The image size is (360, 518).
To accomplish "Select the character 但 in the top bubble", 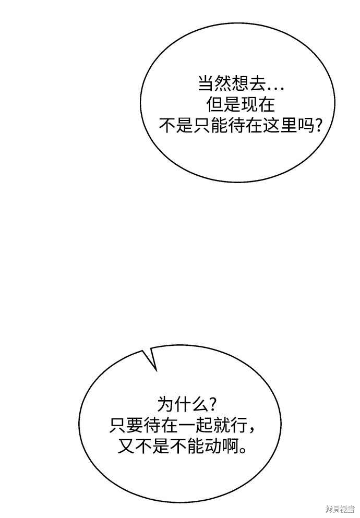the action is click(214, 104).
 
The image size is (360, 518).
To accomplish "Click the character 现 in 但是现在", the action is click(249, 104).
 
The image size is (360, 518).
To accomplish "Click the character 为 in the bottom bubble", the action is click(165, 404).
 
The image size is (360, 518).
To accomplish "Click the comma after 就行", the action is click(251, 431).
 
